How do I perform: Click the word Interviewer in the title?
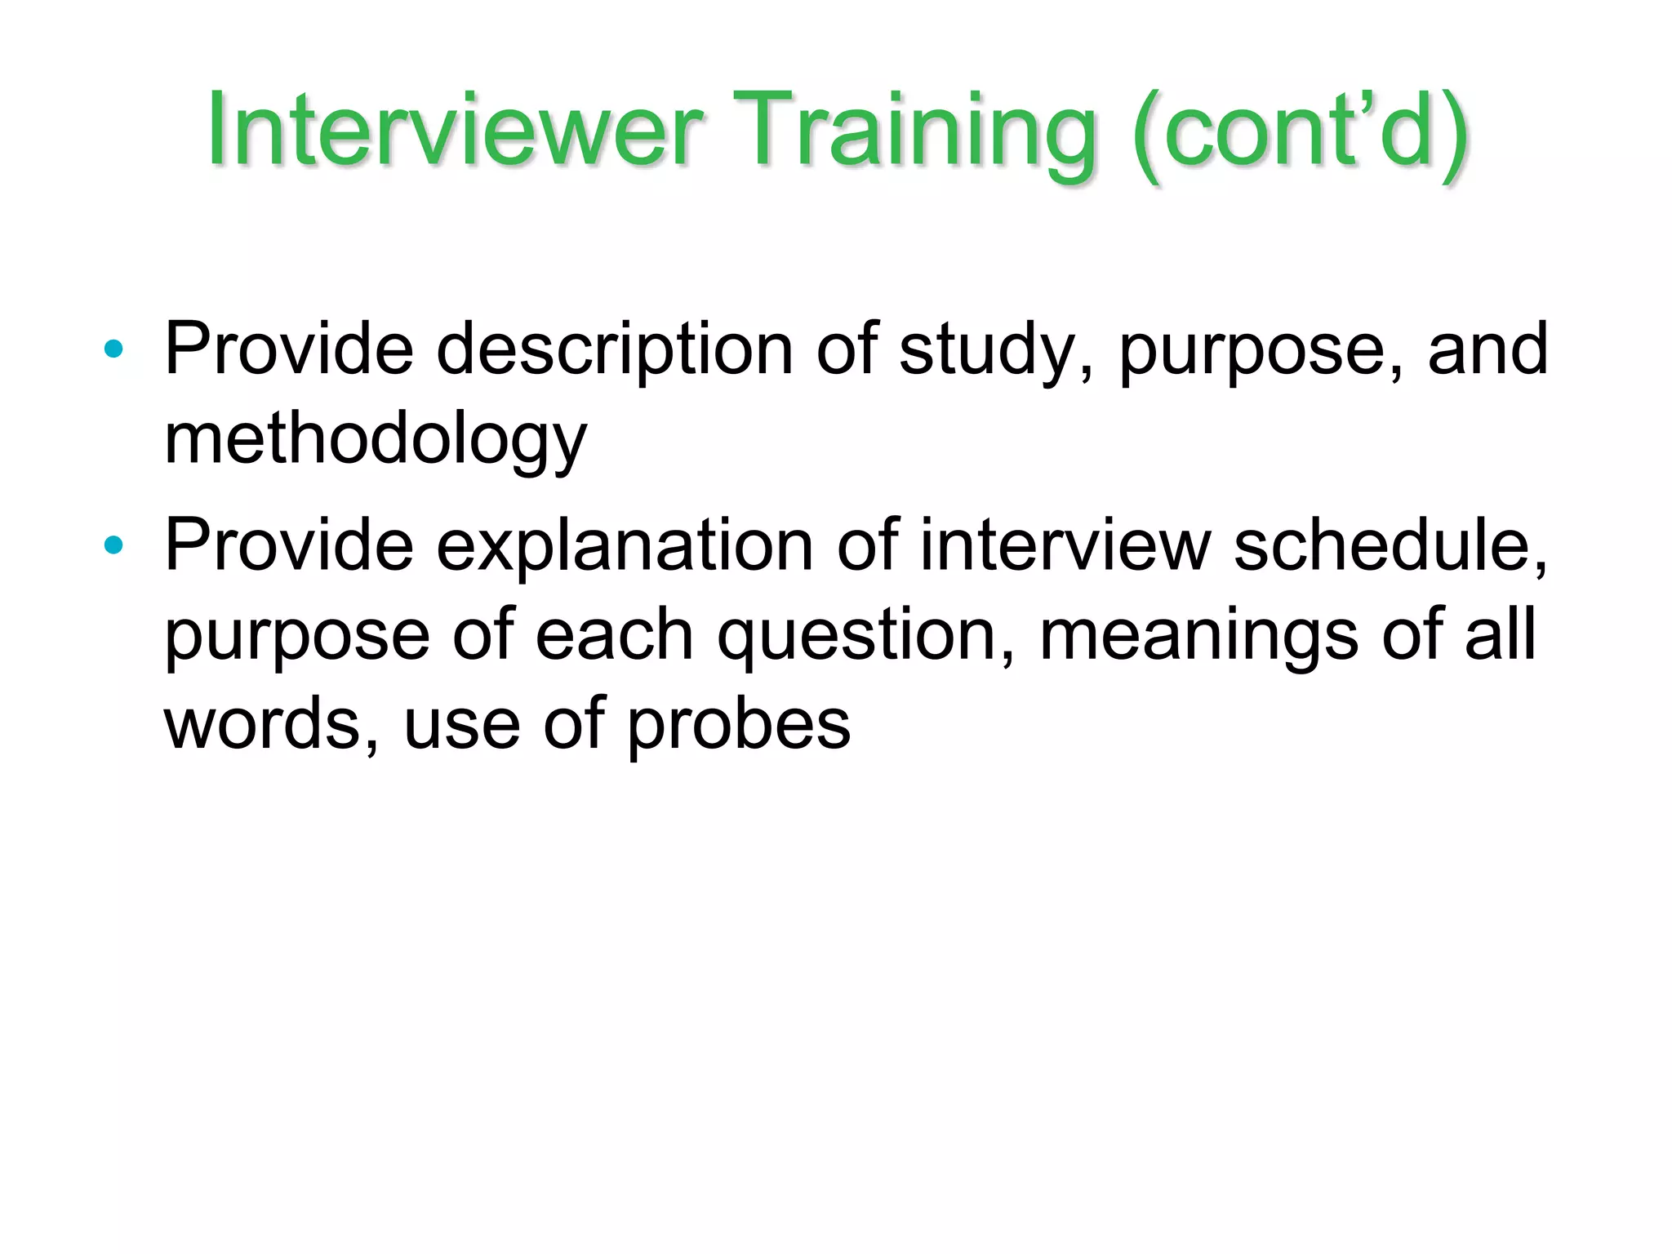click(x=454, y=131)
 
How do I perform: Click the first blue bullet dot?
click(x=113, y=350)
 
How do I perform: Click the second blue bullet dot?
click(x=113, y=545)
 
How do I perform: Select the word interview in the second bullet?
click(x=1065, y=545)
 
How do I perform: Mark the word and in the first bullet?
click(x=1487, y=349)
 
